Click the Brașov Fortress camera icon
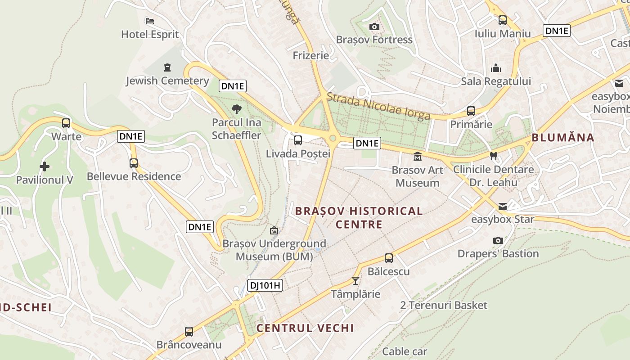tap(374, 27)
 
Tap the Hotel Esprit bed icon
tap(150, 21)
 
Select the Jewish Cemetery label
tap(167, 81)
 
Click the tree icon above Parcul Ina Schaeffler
tap(236, 109)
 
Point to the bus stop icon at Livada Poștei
tap(298, 140)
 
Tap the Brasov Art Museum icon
tap(418, 157)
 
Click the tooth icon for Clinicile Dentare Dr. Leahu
tap(494, 156)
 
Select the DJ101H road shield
tap(265, 285)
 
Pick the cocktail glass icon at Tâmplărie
tap(355, 281)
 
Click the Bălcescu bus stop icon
tap(389, 258)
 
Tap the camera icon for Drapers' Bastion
tap(498, 240)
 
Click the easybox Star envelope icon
tap(503, 207)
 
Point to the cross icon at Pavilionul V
tap(45, 166)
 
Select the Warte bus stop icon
tap(66, 123)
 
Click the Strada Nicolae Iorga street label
tap(378, 107)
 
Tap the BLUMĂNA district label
tap(563, 138)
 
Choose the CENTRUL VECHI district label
tap(305, 328)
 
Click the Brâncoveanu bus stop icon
tap(189, 332)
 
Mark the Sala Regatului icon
tap(496, 68)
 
